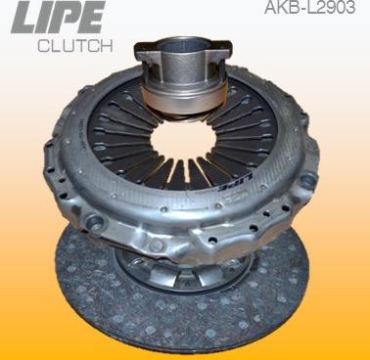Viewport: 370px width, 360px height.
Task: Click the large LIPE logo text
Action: pyautogui.click(x=58, y=17)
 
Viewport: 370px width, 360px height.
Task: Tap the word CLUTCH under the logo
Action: pyautogui.click(x=75, y=46)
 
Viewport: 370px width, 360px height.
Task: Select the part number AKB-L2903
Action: pyautogui.click(x=309, y=8)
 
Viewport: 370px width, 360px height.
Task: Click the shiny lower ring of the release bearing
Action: pyautogui.click(x=184, y=100)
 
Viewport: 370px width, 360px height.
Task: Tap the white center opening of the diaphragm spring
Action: pyautogui.click(x=184, y=140)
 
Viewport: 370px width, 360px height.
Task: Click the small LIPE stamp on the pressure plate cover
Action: pyautogui.click(x=234, y=185)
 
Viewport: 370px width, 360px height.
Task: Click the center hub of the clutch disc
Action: pyautogui.click(x=183, y=271)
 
